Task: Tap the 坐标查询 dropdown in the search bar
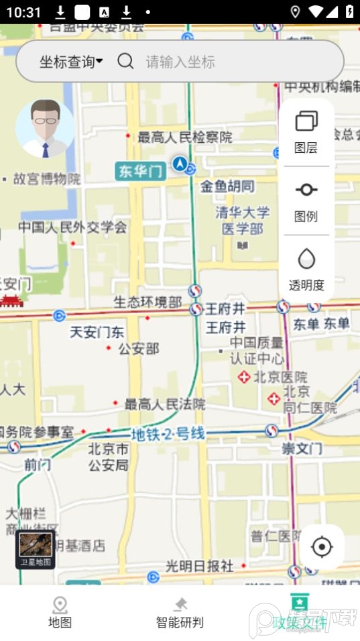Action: pos(71,62)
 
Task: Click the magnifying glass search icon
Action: pos(125,62)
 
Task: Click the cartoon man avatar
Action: pos(45,128)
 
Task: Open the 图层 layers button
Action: pos(306,131)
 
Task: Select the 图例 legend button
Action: pos(306,200)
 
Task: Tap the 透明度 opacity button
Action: pos(306,269)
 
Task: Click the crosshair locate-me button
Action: pos(322,547)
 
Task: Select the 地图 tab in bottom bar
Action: pos(60,613)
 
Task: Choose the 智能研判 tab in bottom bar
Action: pos(180,613)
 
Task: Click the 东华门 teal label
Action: pos(141,171)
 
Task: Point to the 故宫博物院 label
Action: pos(47,179)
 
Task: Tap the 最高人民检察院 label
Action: pos(184,137)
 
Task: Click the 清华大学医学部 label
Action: pos(243,221)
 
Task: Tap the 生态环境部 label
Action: pos(147,302)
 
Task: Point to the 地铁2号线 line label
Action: pos(168,434)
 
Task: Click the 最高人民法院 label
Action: pos(164,404)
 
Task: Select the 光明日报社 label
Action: pos(200,566)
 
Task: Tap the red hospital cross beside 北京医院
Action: pos(245,377)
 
